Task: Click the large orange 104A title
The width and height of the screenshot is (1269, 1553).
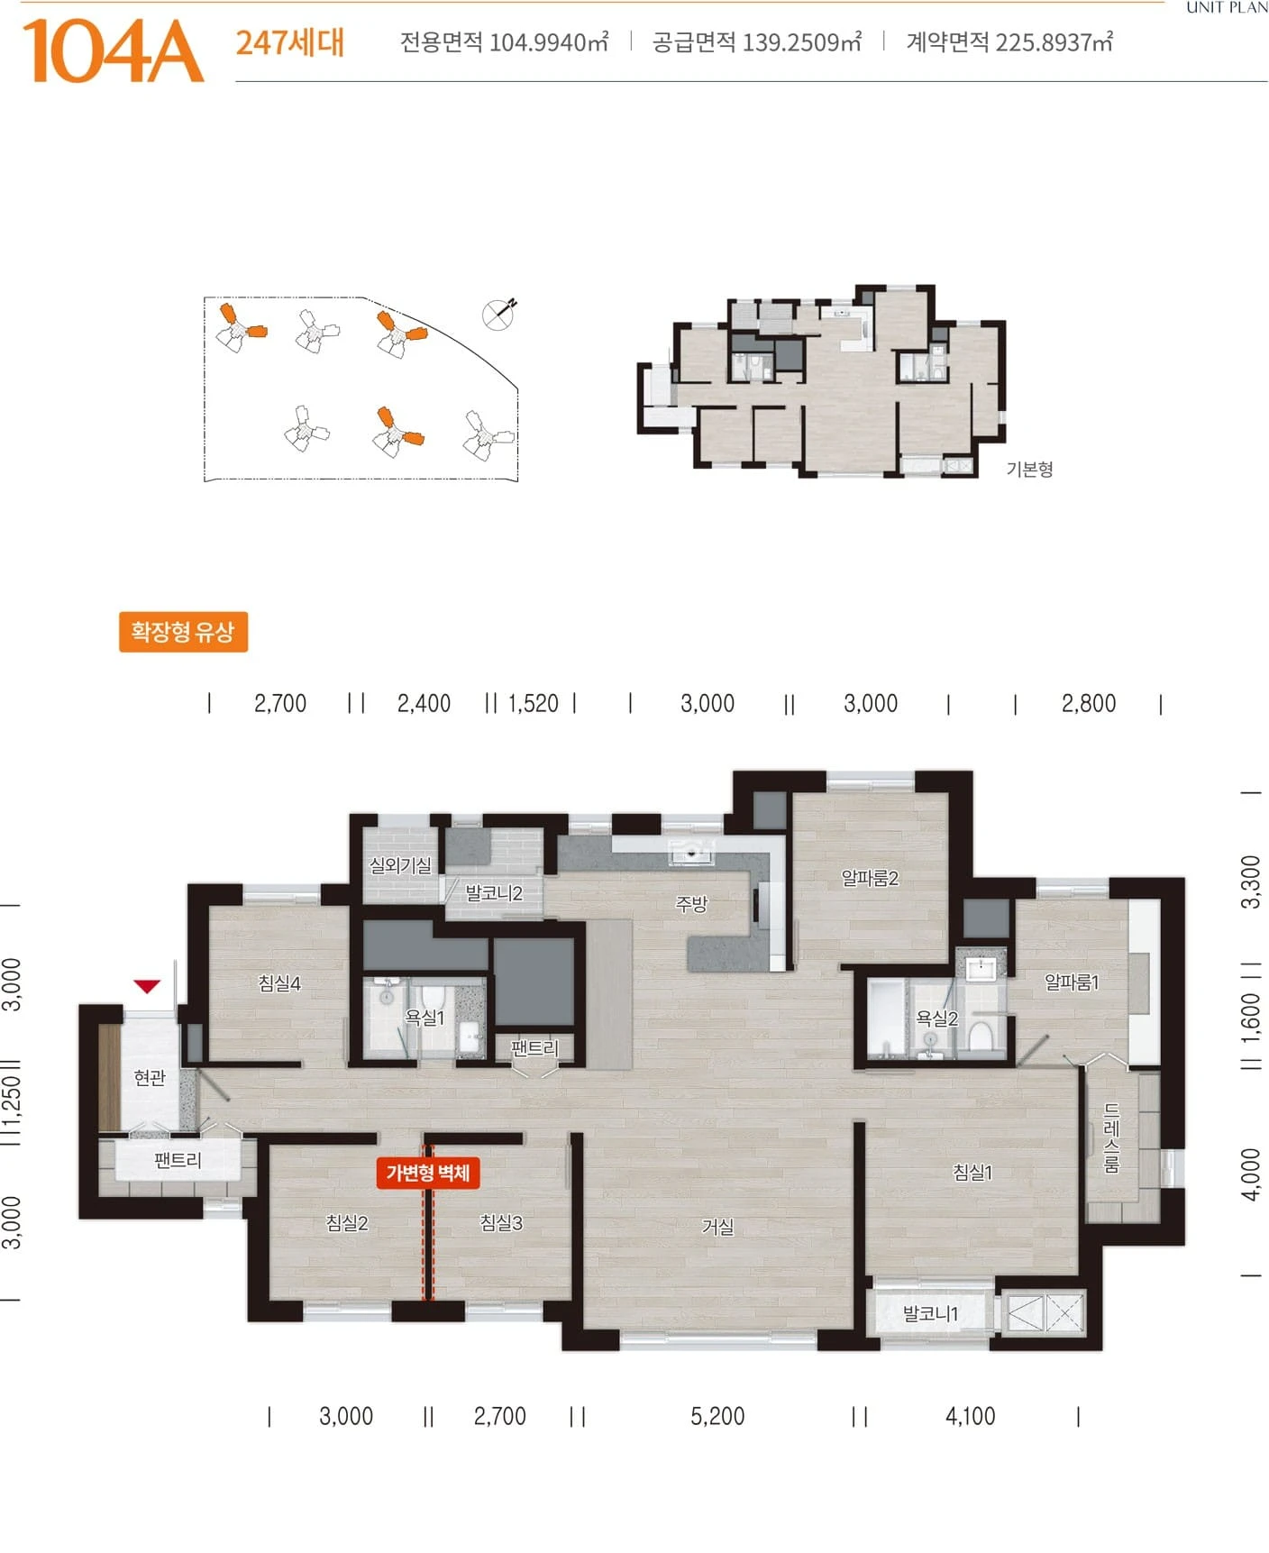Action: pyautogui.click(x=113, y=52)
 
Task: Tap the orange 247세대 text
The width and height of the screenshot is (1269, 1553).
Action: pyautogui.click(x=290, y=42)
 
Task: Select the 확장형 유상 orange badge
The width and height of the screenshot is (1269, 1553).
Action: pyautogui.click(x=183, y=631)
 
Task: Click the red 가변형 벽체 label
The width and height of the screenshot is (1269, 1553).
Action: pyautogui.click(x=428, y=1173)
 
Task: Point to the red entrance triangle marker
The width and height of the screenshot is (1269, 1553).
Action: pyautogui.click(x=147, y=986)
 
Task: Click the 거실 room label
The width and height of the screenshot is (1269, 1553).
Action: pyautogui.click(x=718, y=1227)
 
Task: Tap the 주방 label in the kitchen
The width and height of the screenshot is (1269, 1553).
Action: pyautogui.click(x=692, y=904)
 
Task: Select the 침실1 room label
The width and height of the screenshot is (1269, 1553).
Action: pyautogui.click(x=972, y=1172)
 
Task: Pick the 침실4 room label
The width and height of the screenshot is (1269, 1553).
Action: pyautogui.click(x=279, y=983)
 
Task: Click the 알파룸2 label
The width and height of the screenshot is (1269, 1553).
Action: pyautogui.click(x=870, y=878)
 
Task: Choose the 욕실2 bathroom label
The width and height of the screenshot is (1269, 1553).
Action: pyautogui.click(x=936, y=1019)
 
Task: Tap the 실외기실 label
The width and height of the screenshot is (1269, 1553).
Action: pyautogui.click(x=401, y=865)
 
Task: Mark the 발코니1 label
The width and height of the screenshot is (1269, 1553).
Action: pyautogui.click(x=930, y=1313)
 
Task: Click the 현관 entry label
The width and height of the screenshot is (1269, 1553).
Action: pyautogui.click(x=150, y=1077)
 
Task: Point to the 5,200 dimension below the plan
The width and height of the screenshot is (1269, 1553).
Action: pyautogui.click(x=717, y=1416)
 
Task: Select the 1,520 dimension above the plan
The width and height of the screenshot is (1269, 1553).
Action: pyautogui.click(x=533, y=703)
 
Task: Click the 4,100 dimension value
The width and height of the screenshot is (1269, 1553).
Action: pyautogui.click(x=970, y=1416)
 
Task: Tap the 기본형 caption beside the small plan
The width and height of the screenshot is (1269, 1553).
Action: pyautogui.click(x=1029, y=469)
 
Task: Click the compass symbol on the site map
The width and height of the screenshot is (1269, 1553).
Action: pyautogui.click(x=498, y=313)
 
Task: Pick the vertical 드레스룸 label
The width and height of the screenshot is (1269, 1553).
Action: pyautogui.click(x=1111, y=1137)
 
